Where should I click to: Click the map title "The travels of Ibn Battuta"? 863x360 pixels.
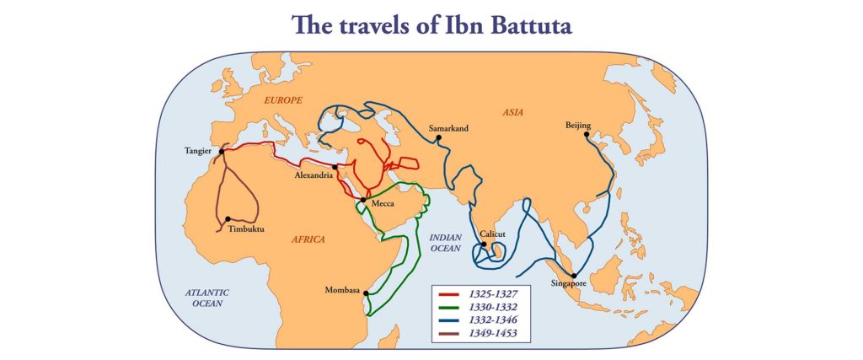[431, 25]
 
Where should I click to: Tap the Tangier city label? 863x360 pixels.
[199, 152]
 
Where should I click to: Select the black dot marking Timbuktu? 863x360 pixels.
[228, 219]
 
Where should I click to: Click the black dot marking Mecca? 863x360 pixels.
[363, 200]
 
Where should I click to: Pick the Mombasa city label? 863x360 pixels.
[342, 291]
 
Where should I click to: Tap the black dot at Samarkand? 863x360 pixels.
[438, 138]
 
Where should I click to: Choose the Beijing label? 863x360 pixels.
[578, 126]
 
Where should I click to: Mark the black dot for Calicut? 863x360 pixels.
[483, 245]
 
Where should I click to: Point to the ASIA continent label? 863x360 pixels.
[514, 111]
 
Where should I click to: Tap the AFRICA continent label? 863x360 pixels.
[308, 239]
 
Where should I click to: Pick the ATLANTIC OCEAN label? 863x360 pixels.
[207, 298]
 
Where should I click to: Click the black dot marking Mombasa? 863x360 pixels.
[367, 293]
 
